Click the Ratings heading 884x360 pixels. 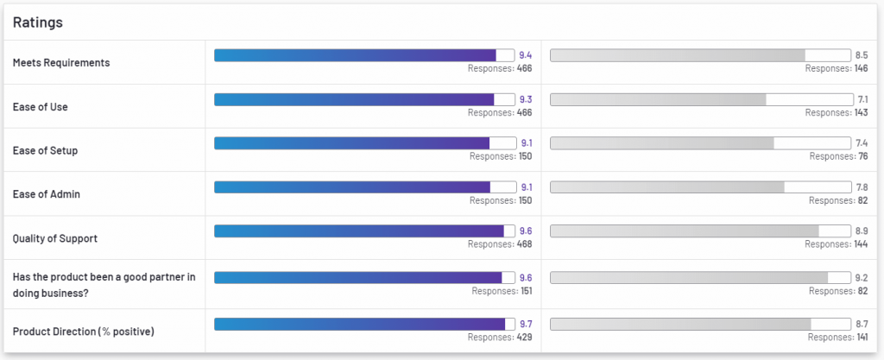(37, 22)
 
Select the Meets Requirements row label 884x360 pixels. (61, 63)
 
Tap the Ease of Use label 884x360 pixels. (41, 107)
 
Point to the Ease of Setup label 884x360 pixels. (46, 151)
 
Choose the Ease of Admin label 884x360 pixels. (47, 194)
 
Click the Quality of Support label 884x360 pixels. (55, 238)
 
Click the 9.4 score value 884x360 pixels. (526, 55)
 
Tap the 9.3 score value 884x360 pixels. (526, 99)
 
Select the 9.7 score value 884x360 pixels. (526, 324)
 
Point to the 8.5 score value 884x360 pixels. (862, 55)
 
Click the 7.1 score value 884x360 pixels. (862, 99)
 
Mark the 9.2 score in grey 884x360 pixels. (862, 278)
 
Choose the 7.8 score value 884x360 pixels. (862, 186)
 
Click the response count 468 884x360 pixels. (524, 244)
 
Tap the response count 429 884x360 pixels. (524, 338)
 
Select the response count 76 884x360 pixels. (863, 156)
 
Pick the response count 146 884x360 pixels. (861, 68)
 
